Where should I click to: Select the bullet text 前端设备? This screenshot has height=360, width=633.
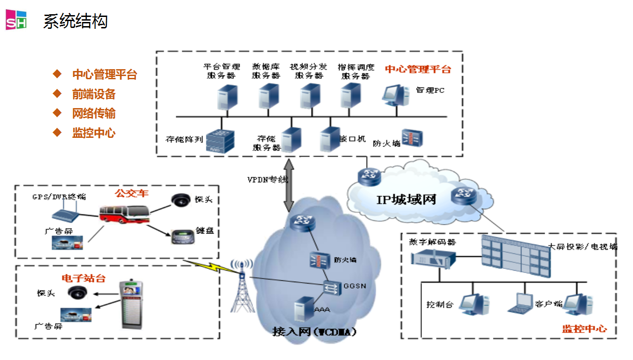(94, 94)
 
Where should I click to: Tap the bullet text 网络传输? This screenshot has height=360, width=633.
(94, 114)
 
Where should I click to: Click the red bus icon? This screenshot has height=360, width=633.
(125, 215)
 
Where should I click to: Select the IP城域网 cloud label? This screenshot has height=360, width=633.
(406, 199)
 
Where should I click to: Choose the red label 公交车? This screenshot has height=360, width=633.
(132, 193)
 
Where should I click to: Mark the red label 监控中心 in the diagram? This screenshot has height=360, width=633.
(584, 328)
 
